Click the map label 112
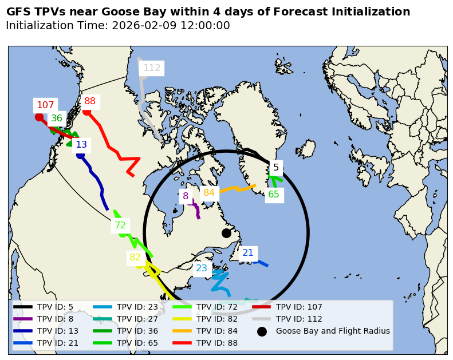tap(152, 68)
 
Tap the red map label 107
tap(45, 105)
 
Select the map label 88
tap(90, 101)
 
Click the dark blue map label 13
tap(81, 145)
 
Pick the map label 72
tap(120, 226)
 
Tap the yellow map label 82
tap(135, 258)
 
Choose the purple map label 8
tap(186, 196)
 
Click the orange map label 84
tap(209, 193)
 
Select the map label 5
tap(276, 168)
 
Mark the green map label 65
tap(274, 195)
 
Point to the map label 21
tap(248, 253)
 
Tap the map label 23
tap(202, 268)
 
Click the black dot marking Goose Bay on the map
tap(226, 233)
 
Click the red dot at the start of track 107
tap(39, 117)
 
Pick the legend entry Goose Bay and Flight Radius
tap(333, 331)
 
